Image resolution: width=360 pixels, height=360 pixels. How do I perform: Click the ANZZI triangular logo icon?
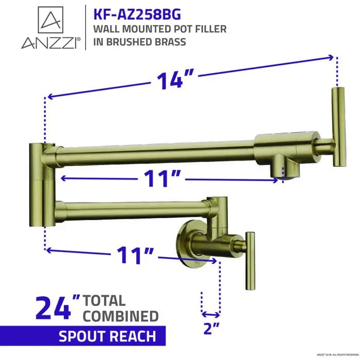(50, 21)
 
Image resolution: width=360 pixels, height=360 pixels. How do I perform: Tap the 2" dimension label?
(210, 326)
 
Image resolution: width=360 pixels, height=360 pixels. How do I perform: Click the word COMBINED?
(121, 316)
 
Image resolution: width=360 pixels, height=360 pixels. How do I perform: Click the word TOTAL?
(104, 300)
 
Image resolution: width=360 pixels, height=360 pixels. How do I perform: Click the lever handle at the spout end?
(338, 127)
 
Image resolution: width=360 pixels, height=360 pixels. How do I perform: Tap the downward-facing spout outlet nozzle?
(283, 169)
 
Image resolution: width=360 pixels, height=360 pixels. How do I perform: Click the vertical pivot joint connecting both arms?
(39, 185)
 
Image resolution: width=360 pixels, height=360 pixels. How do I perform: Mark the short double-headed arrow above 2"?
(210, 313)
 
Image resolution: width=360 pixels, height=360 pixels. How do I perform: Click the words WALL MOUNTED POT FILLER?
(160, 29)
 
